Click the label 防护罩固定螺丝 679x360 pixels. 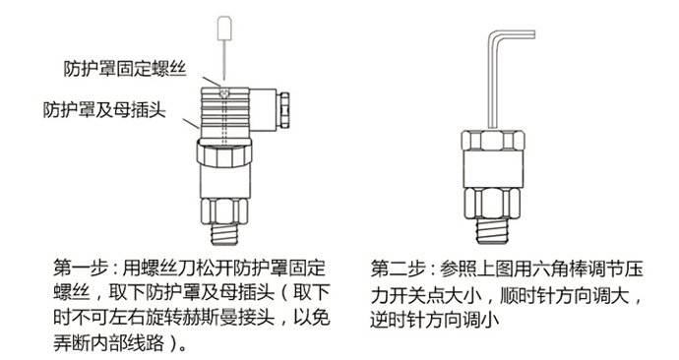click(x=125, y=69)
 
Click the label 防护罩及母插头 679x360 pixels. click(x=104, y=109)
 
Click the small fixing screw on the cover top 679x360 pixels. click(x=224, y=92)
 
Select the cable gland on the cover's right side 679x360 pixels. click(x=284, y=109)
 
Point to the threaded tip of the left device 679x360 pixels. click(x=224, y=234)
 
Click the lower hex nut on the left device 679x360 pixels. click(x=224, y=211)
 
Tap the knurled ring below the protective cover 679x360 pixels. click(x=224, y=152)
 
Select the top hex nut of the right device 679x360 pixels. click(x=492, y=140)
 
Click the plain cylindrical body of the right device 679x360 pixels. click(x=492, y=169)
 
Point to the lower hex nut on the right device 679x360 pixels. click(x=492, y=204)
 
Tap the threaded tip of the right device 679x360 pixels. click(x=492, y=231)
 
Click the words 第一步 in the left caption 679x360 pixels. click(x=81, y=269)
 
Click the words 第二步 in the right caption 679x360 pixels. click(x=398, y=270)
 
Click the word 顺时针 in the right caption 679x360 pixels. click(x=527, y=295)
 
